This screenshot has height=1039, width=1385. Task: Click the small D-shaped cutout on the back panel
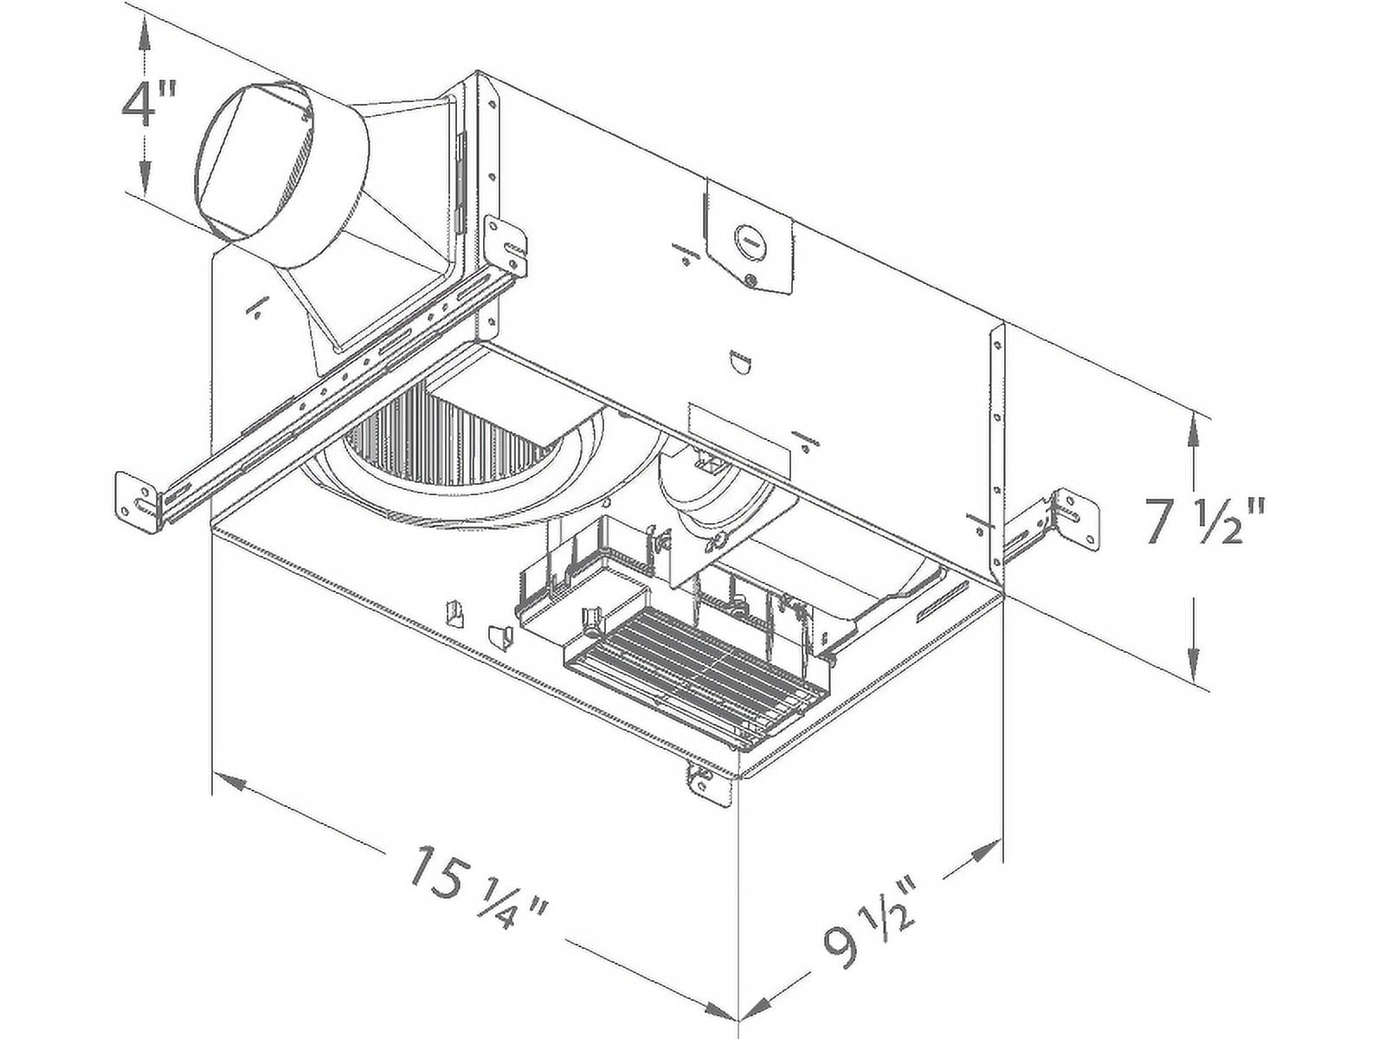tap(739, 363)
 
